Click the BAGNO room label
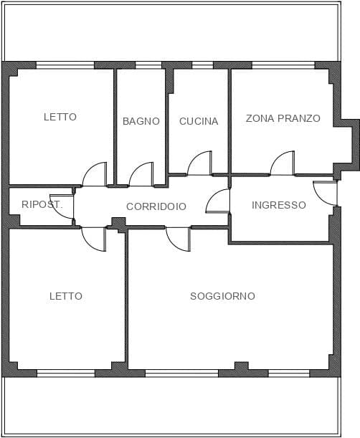pos(141,121)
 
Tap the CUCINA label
pos(199,121)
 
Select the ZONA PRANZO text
pos(283,118)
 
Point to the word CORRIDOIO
pos(156,206)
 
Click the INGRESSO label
pos(279,205)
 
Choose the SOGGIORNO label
pos(222,296)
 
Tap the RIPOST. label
pos(42,204)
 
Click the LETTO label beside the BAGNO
pos(60,117)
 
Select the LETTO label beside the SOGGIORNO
pos(66,296)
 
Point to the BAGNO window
pos(148,65)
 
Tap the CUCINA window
pos(203,65)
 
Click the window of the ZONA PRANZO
pos(283,65)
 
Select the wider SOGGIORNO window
pos(182,373)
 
